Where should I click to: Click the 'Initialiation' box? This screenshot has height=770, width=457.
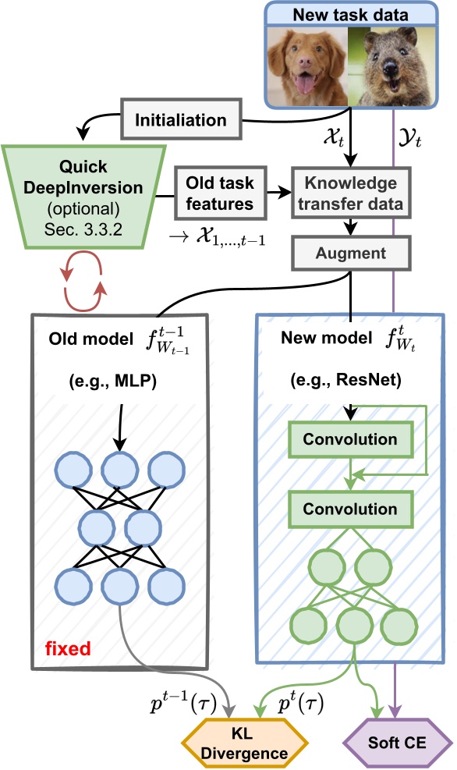click(181, 120)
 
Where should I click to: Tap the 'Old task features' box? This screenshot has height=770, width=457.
click(219, 193)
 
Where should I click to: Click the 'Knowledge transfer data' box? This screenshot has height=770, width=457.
click(350, 193)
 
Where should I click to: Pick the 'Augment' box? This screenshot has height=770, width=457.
click(350, 254)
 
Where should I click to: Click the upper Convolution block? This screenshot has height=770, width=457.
click(350, 439)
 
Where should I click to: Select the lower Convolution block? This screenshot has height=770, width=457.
click(350, 509)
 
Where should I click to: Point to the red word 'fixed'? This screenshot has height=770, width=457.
click(66, 647)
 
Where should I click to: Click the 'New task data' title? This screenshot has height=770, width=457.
click(350, 13)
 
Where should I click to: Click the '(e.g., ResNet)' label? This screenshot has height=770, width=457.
click(350, 382)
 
